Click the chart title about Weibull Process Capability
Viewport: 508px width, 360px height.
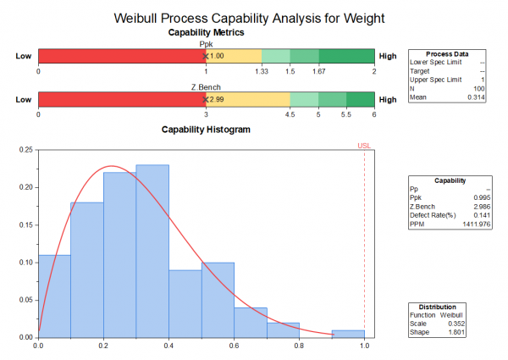coord(247,16)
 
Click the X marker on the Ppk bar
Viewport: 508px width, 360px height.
coord(206,56)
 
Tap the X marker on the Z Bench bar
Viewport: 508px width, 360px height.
coord(206,99)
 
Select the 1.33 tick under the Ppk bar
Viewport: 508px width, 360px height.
coord(262,71)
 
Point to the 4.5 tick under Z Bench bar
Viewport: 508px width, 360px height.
coord(290,114)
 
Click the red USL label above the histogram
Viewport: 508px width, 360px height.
coord(364,146)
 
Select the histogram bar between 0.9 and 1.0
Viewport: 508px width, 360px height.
coord(348,333)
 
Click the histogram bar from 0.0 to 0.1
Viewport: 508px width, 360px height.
coord(54,296)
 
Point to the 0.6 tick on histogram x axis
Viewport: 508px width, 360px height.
coord(234,346)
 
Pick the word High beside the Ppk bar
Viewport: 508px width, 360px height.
coord(388,56)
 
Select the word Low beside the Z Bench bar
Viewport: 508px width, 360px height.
coord(24,99)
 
